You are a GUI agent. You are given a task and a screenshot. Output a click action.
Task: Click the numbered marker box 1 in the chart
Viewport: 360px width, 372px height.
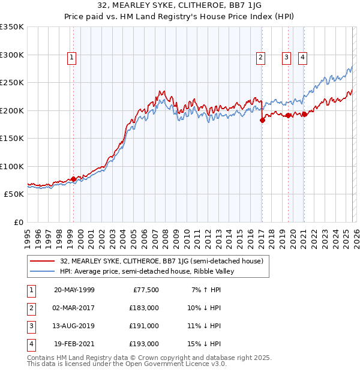[71, 58]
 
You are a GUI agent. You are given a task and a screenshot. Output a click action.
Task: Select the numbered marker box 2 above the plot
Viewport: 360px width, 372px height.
[261, 58]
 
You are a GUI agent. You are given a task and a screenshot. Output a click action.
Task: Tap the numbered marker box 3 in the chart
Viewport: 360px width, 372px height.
[287, 58]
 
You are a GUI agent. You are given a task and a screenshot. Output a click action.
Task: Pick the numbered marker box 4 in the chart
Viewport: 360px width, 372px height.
[302, 58]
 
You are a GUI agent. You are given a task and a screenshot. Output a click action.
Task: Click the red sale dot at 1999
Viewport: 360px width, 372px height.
[74, 179]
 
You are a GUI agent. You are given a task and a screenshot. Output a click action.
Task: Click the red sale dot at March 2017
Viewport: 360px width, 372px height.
[262, 120]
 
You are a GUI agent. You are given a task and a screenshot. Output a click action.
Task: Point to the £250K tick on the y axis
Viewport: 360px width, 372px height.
[12, 83]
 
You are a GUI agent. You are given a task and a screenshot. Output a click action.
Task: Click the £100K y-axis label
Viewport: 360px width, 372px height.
[12, 166]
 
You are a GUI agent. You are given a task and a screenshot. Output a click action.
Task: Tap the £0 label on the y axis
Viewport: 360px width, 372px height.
[18, 222]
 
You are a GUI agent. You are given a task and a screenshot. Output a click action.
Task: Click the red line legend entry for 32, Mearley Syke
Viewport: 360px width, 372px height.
[162, 261]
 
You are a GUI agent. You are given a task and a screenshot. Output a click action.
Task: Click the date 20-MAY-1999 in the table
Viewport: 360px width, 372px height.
[74, 290]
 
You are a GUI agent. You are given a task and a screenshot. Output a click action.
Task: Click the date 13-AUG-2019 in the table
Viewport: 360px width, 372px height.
[74, 326]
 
